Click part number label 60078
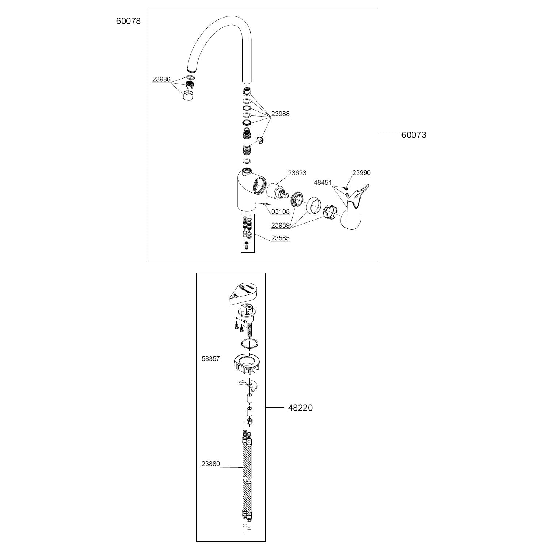(128, 21)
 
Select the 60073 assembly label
(413, 135)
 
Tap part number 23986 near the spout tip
(161, 79)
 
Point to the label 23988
(280, 114)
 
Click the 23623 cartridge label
(297, 173)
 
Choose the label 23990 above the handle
(361, 172)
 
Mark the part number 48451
(323, 183)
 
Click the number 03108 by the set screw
(280, 211)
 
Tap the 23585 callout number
(280, 238)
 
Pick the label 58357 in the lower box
(211, 359)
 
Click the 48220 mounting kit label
(300, 408)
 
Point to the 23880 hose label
(211, 464)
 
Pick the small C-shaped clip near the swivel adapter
(260, 140)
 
